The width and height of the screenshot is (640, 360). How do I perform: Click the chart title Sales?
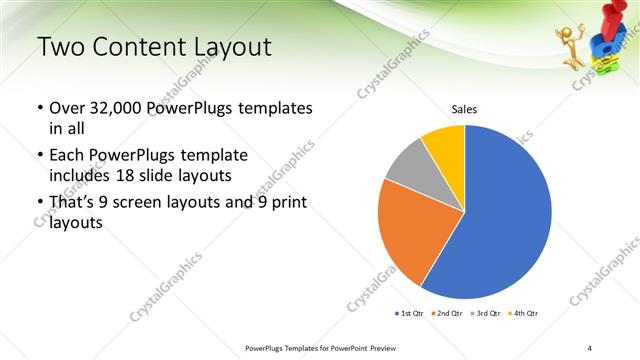pyautogui.click(x=464, y=109)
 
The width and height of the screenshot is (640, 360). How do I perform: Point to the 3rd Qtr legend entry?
pyautogui.click(x=485, y=314)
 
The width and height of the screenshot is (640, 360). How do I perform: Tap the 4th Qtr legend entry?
pyautogui.click(x=523, y=314)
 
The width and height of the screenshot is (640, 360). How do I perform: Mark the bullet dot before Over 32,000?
pyautogui.click(x=40, y=108)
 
